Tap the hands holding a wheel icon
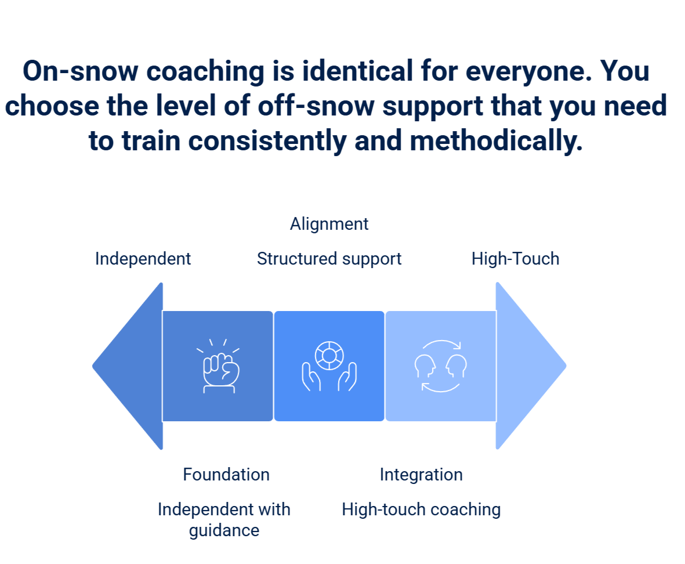[x=329, y=366]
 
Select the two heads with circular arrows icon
[x=441, y=366]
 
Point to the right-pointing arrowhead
[x=528, y=366]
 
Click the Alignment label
[x=329, y=224]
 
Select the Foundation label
[x=226, y=475]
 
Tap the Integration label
[x=421, y=475]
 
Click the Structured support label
[x=329, y=259]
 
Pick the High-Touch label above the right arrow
[x=516, y=259]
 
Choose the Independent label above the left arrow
[x=143, y=259]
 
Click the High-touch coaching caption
[x=421, y=509]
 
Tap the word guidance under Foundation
[x=224, y=530]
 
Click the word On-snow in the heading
[x=78, y=72]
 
